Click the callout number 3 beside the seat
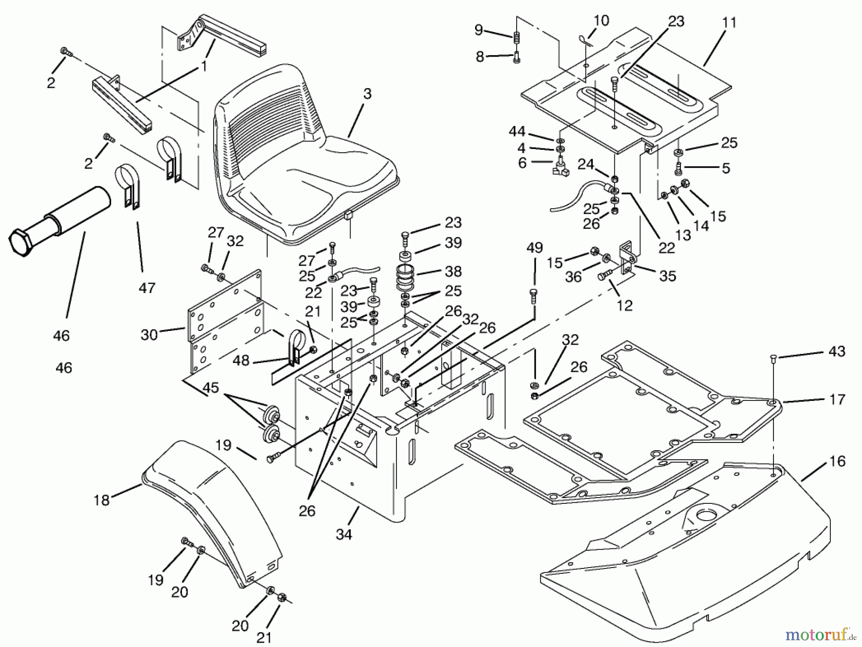point(367,94)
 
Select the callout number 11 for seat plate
point(729,23)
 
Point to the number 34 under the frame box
point(344,534)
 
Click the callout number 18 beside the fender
point(102,500)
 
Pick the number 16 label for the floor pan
point(837,462)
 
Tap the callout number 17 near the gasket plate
point(837,399)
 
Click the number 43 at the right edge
point(837,352)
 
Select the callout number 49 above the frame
point(534,248)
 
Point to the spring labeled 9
point(517,37)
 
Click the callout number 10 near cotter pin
point(601,21)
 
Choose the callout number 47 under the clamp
point(147,287)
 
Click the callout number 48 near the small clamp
point(241,360)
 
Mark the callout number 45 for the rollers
point(211,387)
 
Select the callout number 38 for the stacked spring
point(453,271)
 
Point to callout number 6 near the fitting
point(522,163)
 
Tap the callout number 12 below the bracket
point(624,305)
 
